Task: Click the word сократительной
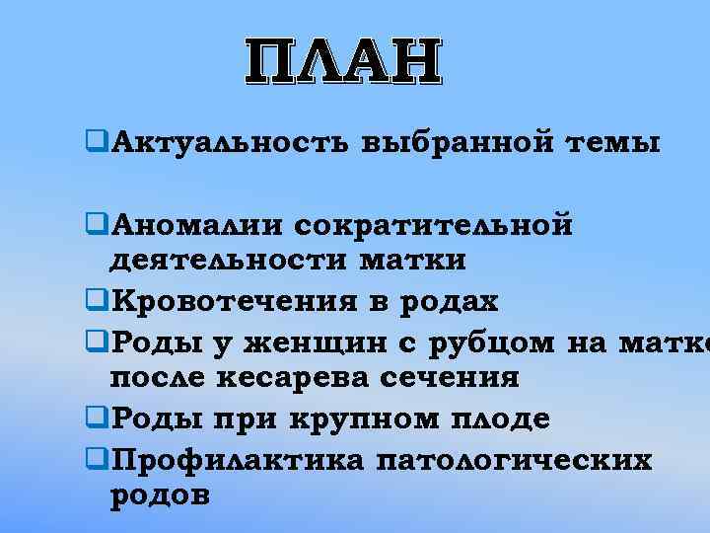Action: point(433,227)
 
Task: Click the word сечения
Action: point(449,376)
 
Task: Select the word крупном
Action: point(350,418)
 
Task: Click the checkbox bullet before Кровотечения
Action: point(95,300)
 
